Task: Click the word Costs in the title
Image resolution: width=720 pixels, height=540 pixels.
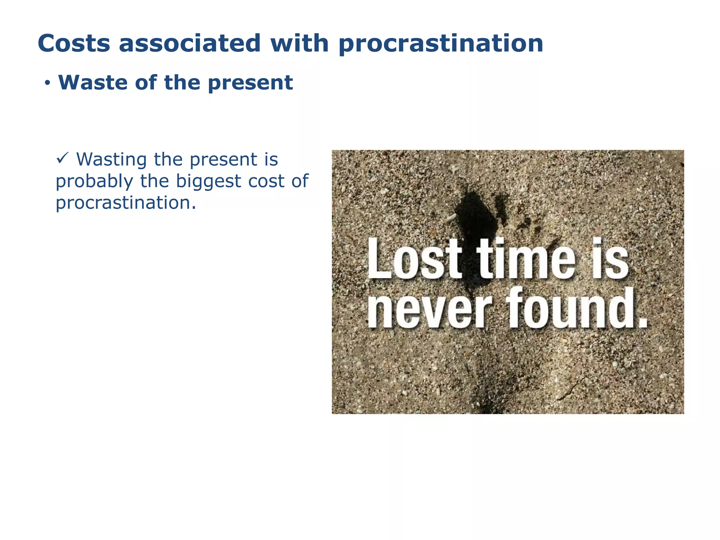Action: tap(74, 43)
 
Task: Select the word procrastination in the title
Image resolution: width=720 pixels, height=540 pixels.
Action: tap(441, 44)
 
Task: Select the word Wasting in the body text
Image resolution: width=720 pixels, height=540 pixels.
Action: tap(112, 160)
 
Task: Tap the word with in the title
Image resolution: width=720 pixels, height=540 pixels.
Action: tap(299, 43)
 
